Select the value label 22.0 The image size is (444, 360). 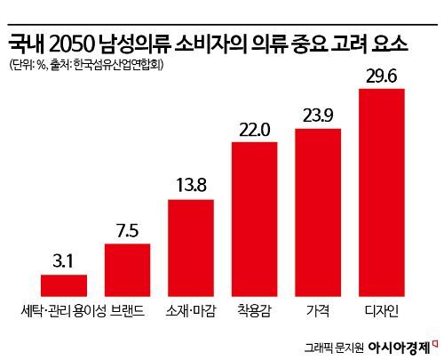[254, 129]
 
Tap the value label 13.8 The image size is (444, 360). [191, 187]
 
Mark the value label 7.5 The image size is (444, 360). [128, 230]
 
